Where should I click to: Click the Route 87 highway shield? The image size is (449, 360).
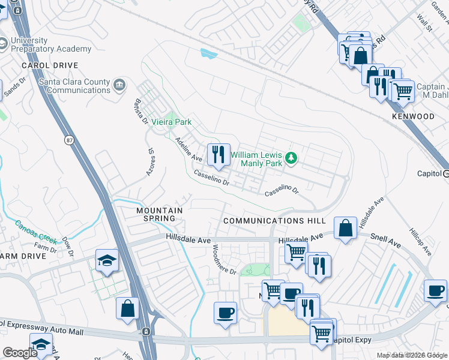(70, 139)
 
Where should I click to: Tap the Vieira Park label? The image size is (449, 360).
(171, 122)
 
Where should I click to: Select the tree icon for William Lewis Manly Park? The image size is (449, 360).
(291, 158)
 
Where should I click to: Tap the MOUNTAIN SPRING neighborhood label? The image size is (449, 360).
(159, 214)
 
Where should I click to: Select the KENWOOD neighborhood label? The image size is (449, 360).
(413, 115)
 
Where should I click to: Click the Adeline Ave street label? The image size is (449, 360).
(188, 149)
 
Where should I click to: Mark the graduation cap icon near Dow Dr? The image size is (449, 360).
(107, 261)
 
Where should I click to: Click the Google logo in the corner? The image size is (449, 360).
(20, 353)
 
